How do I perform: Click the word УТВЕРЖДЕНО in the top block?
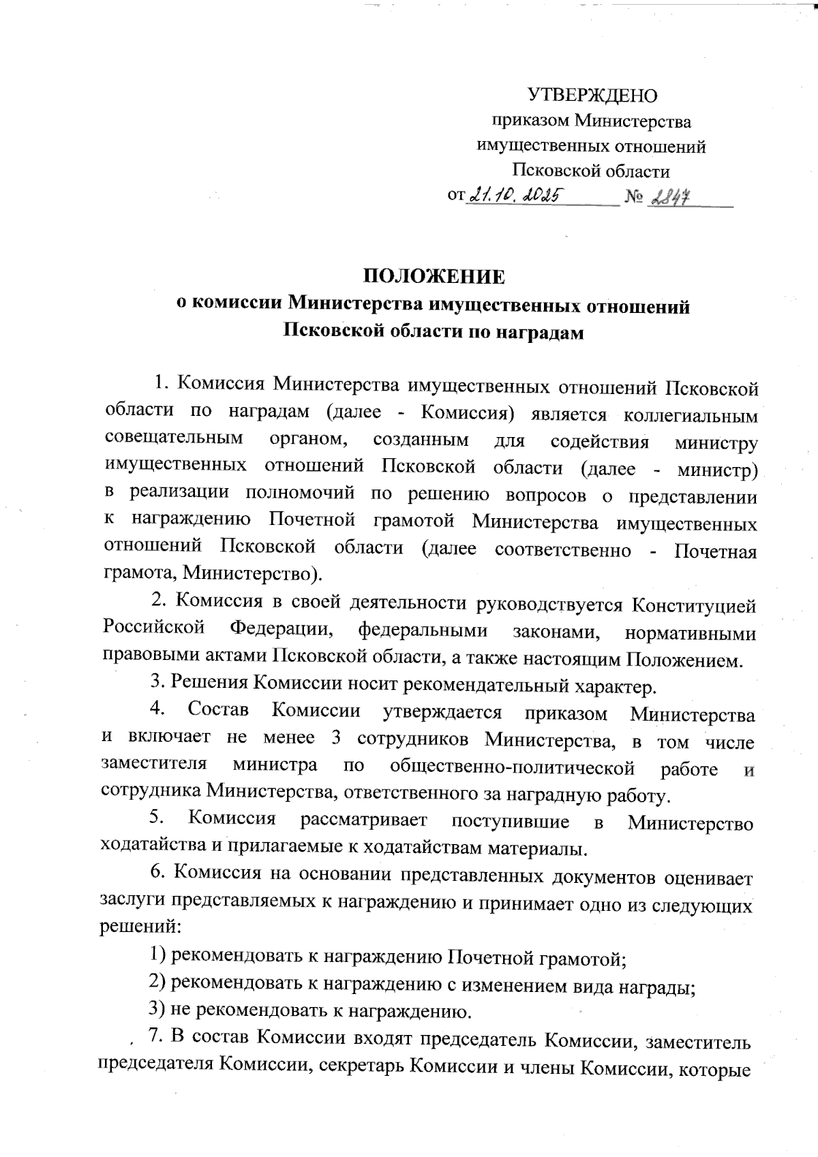click(x=592, y=95)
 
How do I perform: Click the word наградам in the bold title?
click(x=539, y=332)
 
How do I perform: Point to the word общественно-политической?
click(x=512, y=768)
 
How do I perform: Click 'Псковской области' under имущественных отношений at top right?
click(x=591, y=170)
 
